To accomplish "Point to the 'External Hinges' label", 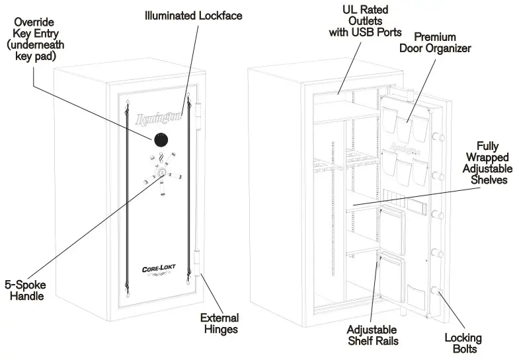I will (x=219, y=323).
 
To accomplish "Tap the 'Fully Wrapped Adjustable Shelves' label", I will (x=486, y=162).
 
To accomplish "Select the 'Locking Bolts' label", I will (x=463, y=344).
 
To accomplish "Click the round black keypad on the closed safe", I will (x=161, y=141).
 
